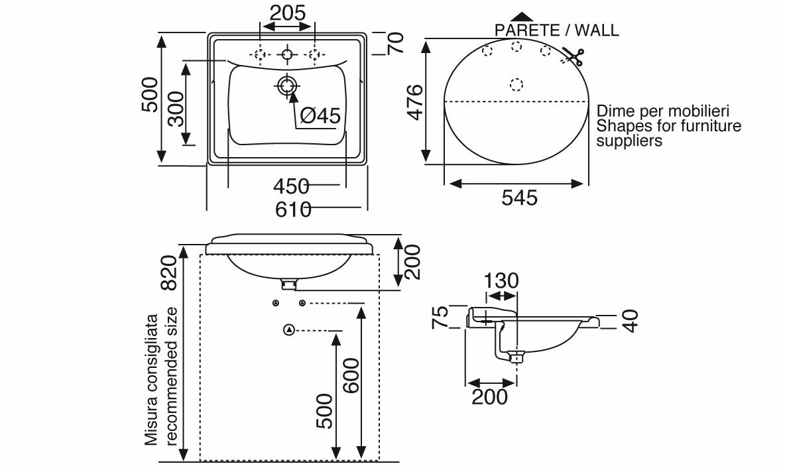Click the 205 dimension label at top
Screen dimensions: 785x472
coord(287,13)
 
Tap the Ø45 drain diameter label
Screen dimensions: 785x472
coord(320,116)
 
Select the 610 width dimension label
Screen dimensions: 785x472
coord(293,209)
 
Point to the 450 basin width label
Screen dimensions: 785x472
coord(291,187)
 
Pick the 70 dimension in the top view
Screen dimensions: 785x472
coord(396,44)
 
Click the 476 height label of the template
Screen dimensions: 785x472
coord(415,103)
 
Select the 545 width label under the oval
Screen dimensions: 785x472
coord(520,198)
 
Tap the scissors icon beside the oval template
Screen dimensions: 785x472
coord(573,56)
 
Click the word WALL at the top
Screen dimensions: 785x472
coord(597,30)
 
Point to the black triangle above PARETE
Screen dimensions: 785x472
coord(522,17)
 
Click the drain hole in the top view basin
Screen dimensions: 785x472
coord(287,86)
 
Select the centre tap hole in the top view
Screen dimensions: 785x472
coord(287,54)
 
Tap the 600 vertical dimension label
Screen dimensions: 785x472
coord(351,376)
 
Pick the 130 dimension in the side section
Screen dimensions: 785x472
coord(501,281)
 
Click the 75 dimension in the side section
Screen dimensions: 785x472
coord(440,318)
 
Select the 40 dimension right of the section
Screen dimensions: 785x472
coord(631,321)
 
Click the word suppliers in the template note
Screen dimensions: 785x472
coord(629,141)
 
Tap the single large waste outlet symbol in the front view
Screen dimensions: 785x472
coord(289,330)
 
